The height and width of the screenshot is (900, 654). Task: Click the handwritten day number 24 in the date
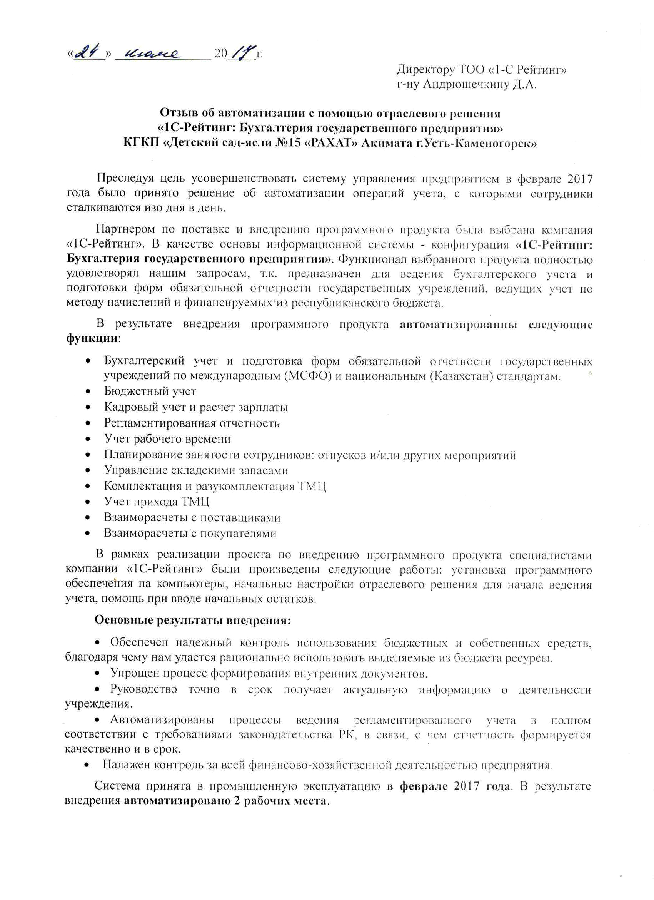click(x=88, y=52)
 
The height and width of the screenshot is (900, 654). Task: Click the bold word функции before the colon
click(x=92, y=339)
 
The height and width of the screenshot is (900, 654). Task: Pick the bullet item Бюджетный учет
click(x=150, y=391)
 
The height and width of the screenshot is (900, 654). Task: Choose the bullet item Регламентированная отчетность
click(x=192, y=423)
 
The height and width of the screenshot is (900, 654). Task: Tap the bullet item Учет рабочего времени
click(x=167, y=439)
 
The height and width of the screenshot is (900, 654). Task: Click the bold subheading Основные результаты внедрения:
click(x=193, y=621)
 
